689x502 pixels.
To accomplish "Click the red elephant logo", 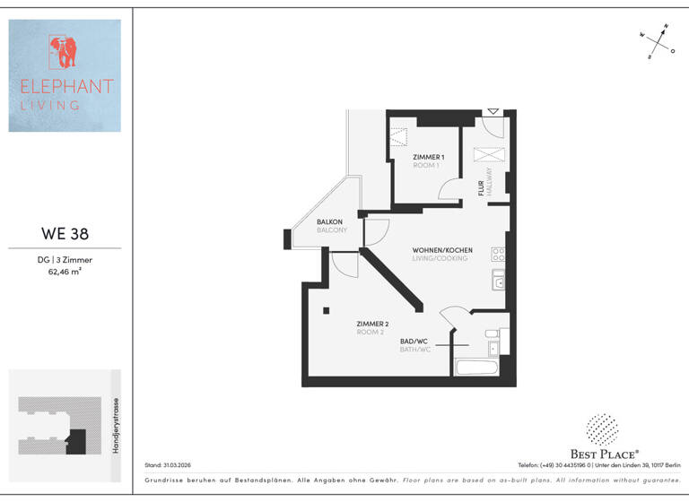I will pos(64,53).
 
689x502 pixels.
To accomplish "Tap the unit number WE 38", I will pos(65,235).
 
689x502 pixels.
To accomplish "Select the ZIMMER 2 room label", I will pos(371,325).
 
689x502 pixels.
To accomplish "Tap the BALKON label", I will pos(330,221).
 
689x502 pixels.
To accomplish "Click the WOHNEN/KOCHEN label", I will pos(442,250).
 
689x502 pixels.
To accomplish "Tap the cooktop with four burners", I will pos(497,254).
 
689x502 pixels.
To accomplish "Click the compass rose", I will pos(658,41).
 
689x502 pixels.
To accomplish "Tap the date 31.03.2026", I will pos(177,465).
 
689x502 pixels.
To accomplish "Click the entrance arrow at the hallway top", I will pos(492,112).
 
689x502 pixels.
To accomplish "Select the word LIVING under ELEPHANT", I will pos(50,105).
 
